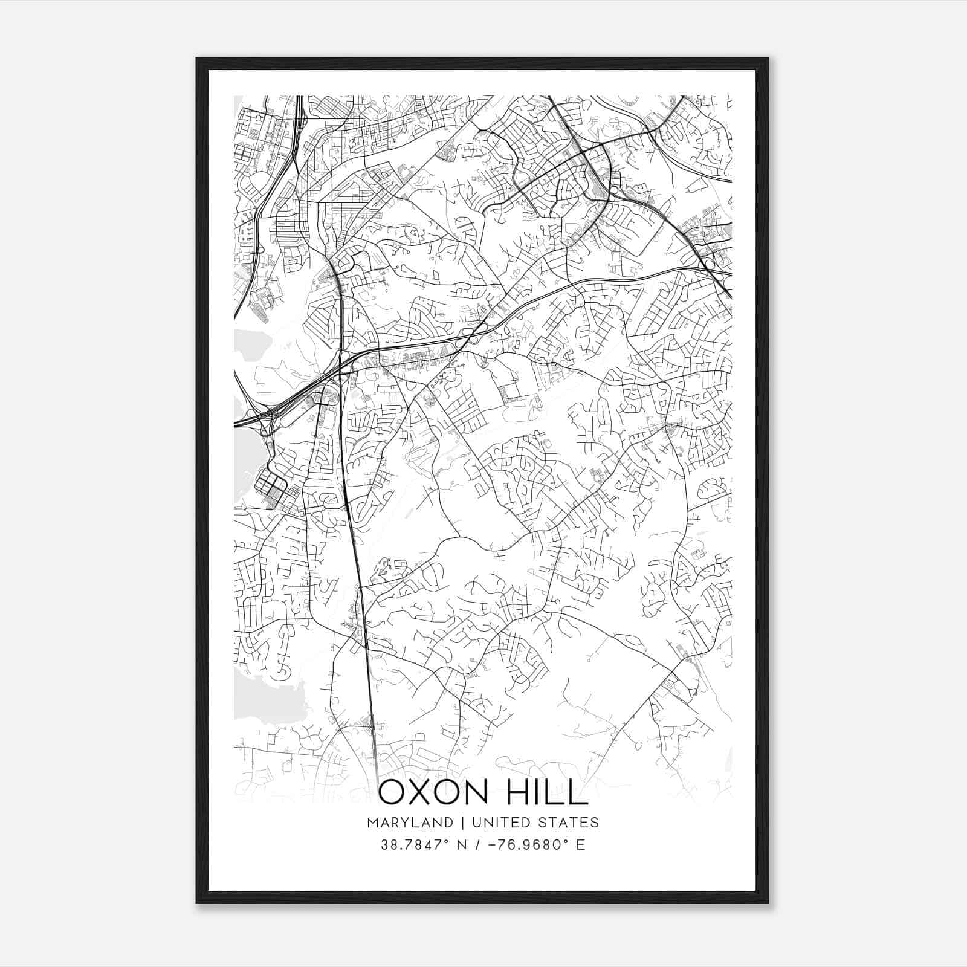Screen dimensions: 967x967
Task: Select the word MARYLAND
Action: [418, 822]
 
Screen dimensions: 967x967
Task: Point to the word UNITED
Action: [499, 822]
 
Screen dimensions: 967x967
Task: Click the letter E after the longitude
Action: [580, 845]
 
